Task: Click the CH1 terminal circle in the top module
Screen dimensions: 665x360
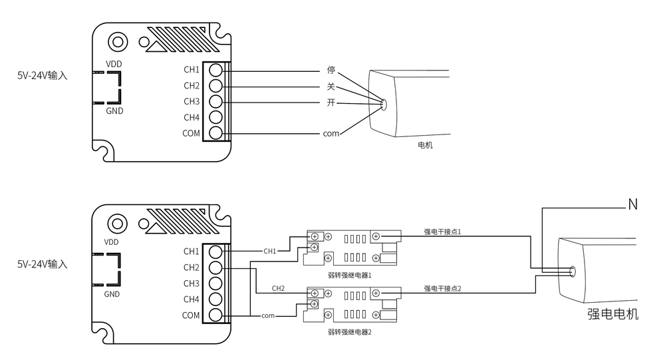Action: [x=216, y=70]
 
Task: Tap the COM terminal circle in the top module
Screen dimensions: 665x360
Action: [x=216, y=133]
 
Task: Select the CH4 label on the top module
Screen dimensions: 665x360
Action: [x=192, y=117]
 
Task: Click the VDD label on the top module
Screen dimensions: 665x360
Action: [x=114, y=64]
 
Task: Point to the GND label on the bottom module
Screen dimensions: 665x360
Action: [x=112, y=294]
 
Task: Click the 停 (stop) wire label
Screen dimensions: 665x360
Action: [x=331, y=70]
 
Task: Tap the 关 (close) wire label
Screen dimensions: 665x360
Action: [x=331, y=87]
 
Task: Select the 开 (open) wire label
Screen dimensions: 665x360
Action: [x=331, y=102]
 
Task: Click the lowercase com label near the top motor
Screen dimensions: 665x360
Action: [x=331, y=134]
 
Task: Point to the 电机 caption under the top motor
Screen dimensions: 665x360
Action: [x=425, y=145]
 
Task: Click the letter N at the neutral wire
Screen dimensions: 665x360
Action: [x=633, y=205]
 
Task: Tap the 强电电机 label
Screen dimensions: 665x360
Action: [x=613, y=314]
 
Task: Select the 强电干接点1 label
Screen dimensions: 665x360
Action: [x=442, y=232]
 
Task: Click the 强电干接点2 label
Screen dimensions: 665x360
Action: [x=442, y=289]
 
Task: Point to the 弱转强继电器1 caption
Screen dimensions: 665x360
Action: [x=350, y=275]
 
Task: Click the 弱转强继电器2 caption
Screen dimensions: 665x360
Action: [x=350, y=332]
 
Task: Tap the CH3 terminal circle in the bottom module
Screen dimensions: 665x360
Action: [x=215, y=283]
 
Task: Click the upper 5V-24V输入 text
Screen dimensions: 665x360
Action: [x=43, y=76]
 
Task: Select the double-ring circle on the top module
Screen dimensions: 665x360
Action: [x=118, y=42]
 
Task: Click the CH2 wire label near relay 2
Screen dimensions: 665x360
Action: [x=278, y=288]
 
